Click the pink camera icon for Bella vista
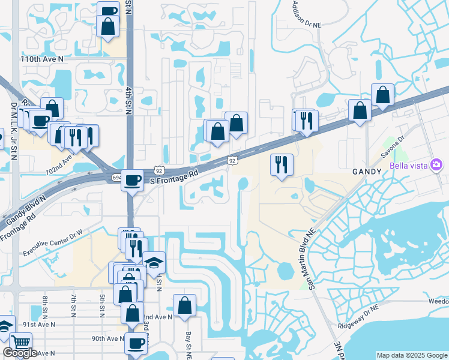(436, 164)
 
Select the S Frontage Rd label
(173, 175)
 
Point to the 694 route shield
(116, 178)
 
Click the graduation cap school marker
(154, 262)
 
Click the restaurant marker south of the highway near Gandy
(282, 164)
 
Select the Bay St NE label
(188, 341)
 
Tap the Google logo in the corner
(20, 353)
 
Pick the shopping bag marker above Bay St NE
(185, 304)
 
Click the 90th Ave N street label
(106, 338)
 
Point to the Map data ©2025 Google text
(412, 355)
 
